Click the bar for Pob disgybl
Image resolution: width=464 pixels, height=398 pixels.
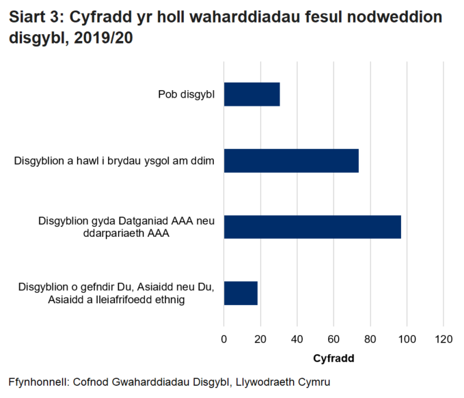click(x=251, y=94)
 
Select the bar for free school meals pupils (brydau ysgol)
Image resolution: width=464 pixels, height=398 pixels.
click(x=291, y=160)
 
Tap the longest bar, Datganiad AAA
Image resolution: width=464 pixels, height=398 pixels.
click(x=312, y=227)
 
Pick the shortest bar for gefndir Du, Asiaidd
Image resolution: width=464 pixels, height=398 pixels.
click(x=241, y=293)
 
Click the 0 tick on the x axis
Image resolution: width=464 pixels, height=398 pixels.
click(x=224, y=339)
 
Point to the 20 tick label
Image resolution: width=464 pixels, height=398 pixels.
click(x=260, y=339)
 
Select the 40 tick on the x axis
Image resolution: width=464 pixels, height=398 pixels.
click(x=297, y=339)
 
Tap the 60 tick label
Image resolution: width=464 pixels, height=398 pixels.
click(x=333, y=339)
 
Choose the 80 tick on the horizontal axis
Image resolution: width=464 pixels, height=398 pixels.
click(x=370, y=339)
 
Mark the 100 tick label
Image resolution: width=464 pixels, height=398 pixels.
click(x=407, y=339)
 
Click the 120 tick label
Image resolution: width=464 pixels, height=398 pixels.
click(x=443, y=339)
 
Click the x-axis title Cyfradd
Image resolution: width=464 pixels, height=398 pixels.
click(x=333, y=358)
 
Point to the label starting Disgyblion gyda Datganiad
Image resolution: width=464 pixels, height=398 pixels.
click(x=126, y=227)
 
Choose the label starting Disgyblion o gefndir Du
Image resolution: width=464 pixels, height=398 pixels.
click(x=117, y=293)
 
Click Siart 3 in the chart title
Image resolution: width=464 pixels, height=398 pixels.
click(x=35, y=17)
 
